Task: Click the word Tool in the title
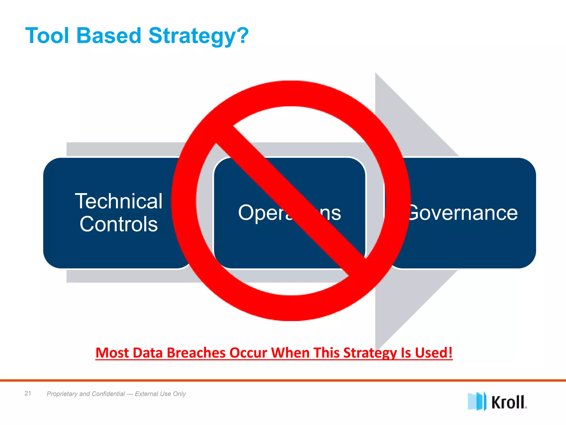47,36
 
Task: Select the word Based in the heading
109,36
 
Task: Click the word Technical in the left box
119,201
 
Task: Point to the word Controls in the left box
119,224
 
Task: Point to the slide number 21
28,393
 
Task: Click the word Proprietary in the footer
62,394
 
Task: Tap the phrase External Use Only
160,394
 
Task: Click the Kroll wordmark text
509,402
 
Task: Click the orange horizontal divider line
283,380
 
